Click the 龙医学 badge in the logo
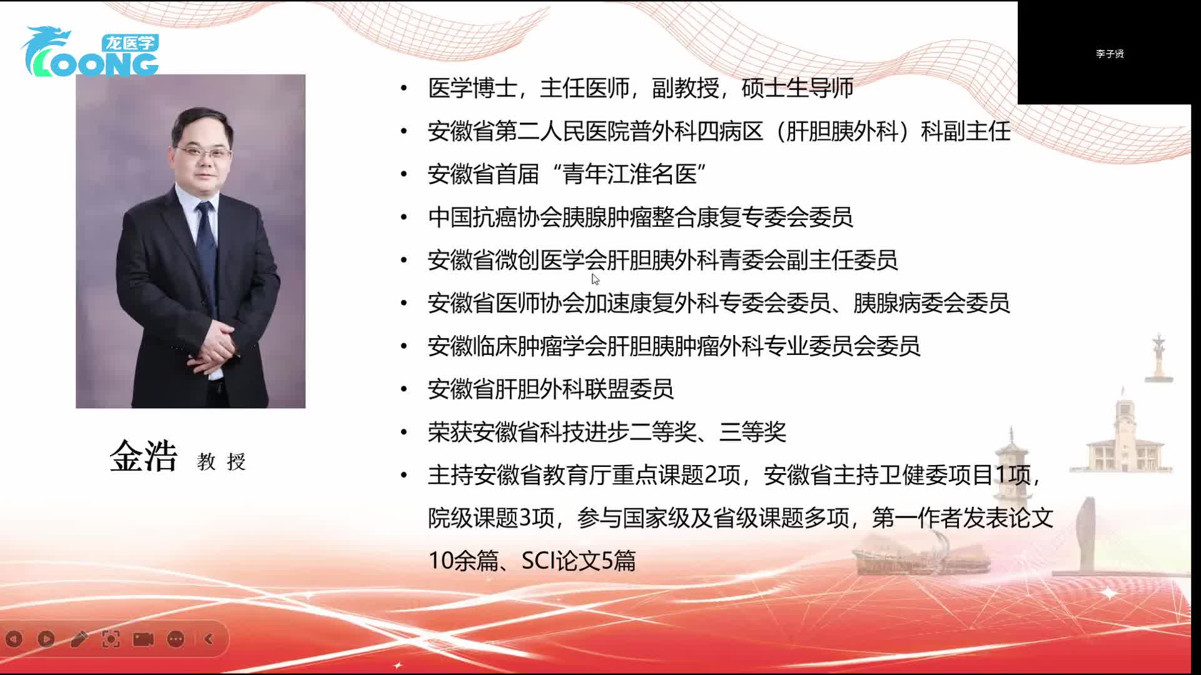129,42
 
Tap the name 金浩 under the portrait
144,456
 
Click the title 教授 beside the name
221,462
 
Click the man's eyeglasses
203,152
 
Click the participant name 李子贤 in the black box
1110,54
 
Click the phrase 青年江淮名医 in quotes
630,174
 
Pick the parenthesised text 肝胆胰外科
841,131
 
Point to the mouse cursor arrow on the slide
595,279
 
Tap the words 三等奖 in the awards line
753,432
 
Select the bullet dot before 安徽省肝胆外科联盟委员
404,389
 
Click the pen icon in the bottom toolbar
79,639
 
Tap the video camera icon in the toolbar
143,639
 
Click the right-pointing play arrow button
46,639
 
